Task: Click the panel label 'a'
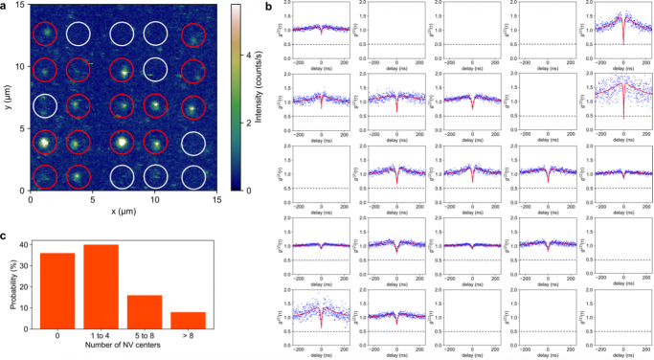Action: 5,8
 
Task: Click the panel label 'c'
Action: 5,236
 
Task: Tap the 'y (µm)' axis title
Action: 7,98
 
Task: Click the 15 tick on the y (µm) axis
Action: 21,7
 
